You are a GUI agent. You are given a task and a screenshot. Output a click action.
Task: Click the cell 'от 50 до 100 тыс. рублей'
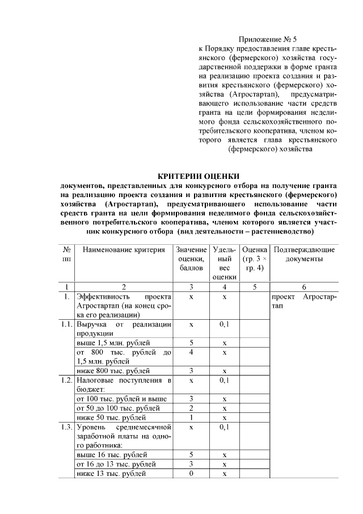click(x=118, y=408)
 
